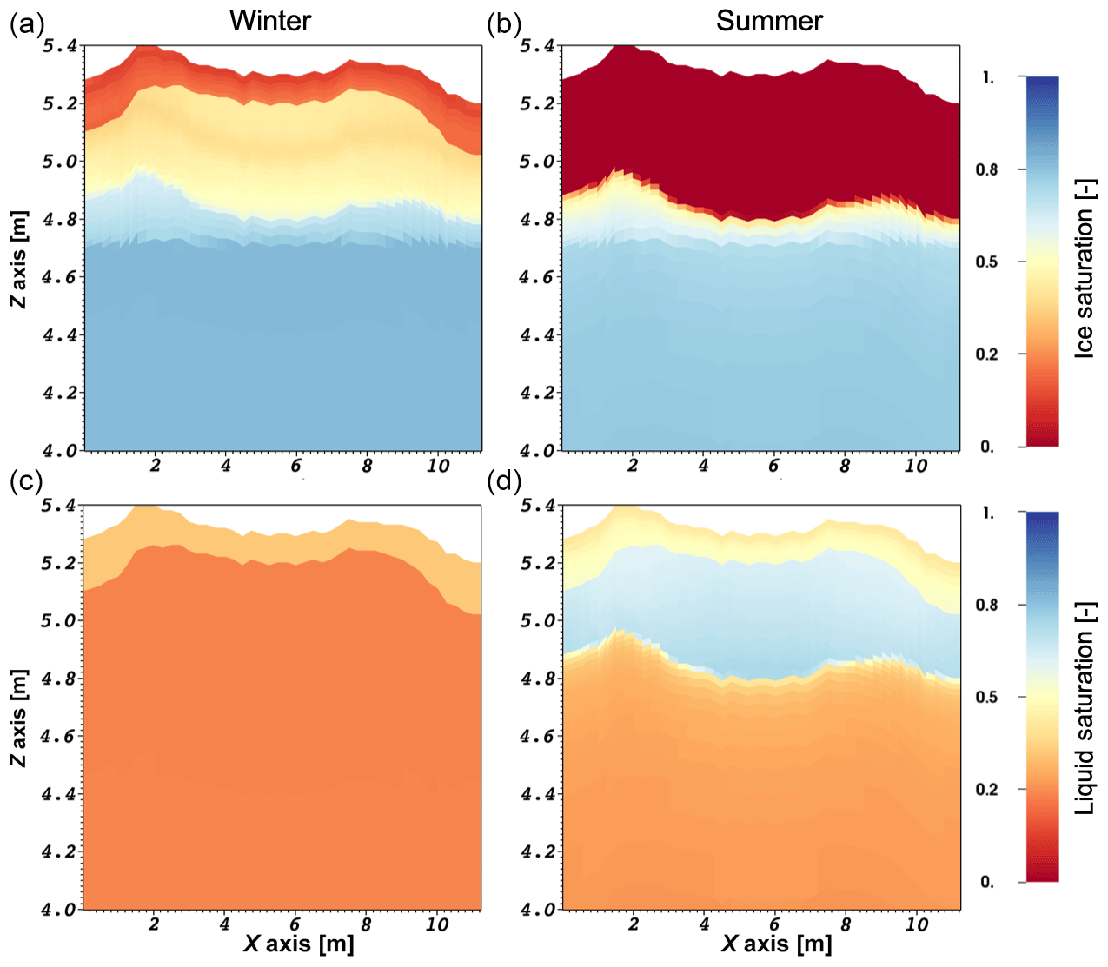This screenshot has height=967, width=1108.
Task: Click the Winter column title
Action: coord(269,21)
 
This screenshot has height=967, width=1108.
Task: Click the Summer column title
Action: coord(769,21)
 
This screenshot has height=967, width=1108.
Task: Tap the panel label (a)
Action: coord(26,24)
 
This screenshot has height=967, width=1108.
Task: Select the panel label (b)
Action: coord(504,24)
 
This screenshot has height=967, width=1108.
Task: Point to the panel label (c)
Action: coord(26,481)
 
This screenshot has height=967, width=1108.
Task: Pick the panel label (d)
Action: coord(504,481)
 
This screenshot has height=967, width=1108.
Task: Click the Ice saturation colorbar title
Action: coord(1085,268)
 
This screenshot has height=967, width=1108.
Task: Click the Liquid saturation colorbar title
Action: coord(1085,708)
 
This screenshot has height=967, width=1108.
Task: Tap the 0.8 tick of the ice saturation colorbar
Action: coord(986,169)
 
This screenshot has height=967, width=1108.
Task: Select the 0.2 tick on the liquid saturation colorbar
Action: coord(986,789)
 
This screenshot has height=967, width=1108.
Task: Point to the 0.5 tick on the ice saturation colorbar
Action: coord(986,262)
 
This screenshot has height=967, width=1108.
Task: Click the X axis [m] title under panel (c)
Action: coord(298,944)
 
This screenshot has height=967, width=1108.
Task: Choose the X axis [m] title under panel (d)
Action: coord(776,944)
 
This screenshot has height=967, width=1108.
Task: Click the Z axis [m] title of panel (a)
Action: coord(19,259)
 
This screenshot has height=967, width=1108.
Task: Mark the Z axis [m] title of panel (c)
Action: coord(19,718)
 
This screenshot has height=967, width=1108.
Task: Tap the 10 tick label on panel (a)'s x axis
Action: coord(438,466)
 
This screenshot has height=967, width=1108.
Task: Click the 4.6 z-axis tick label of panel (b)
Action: coord(537,277)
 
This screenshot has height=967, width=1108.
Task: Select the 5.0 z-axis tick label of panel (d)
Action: coord(537,620)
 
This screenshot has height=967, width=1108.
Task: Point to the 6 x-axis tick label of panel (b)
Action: coord(773,466)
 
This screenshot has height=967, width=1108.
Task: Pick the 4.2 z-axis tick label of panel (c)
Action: coord(59,851)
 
